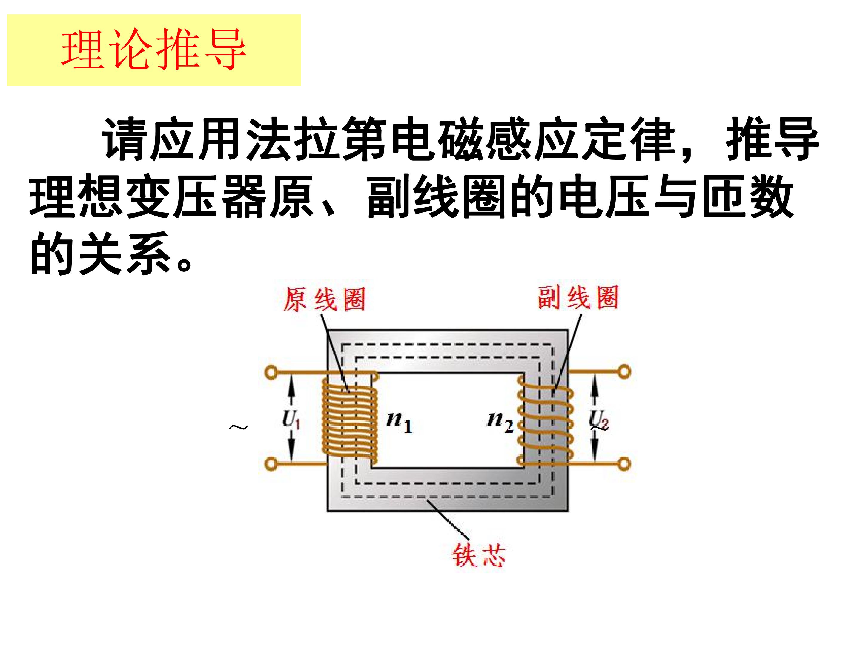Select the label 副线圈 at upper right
coord(578,298)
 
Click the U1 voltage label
coord(291,420)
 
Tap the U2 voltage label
coord(599,420)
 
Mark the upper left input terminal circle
coord(271,372)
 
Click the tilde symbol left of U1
coord(238,428)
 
